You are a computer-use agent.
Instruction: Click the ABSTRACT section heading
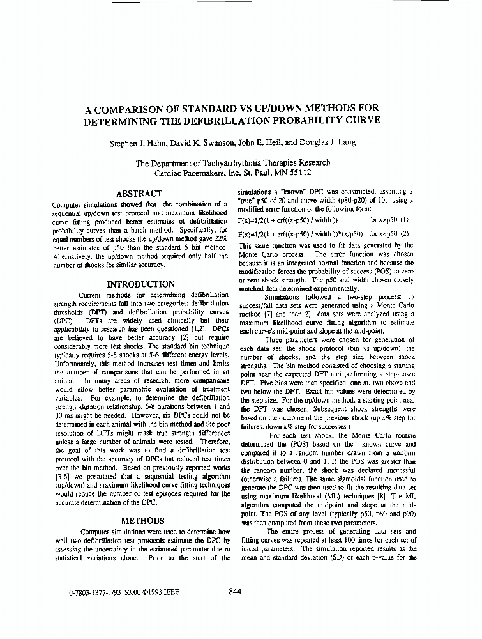click(139, 193)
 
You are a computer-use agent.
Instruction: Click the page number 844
click(235, 592)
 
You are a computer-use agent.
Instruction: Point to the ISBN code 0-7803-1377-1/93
click(94, 592)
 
